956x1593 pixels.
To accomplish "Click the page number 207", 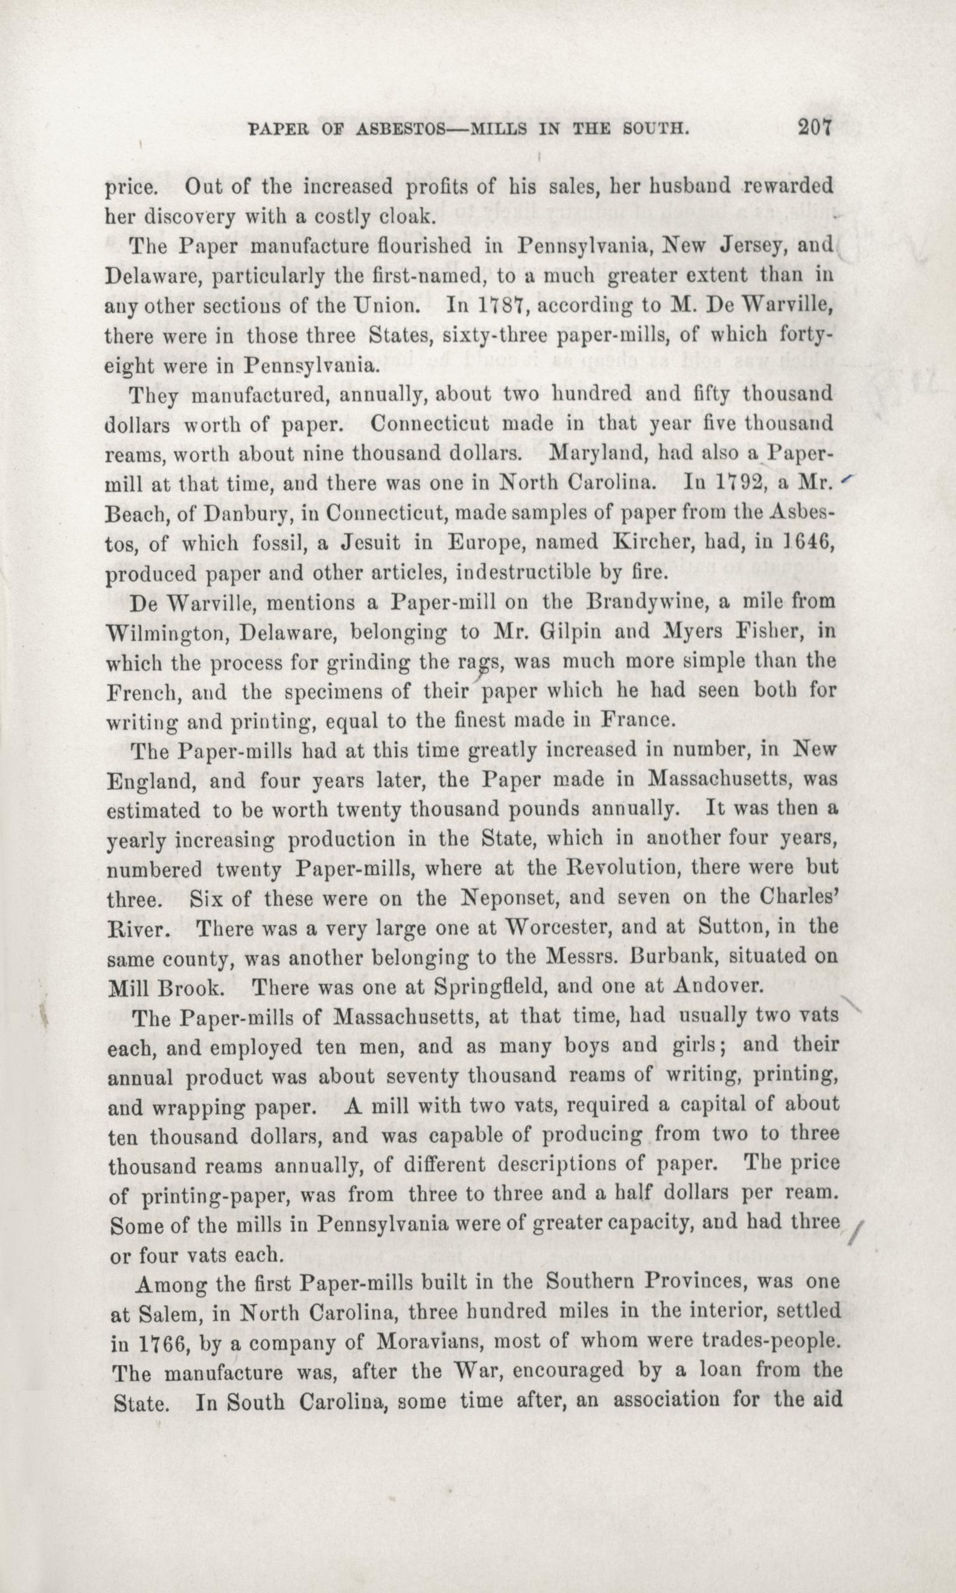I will (815, 127).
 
